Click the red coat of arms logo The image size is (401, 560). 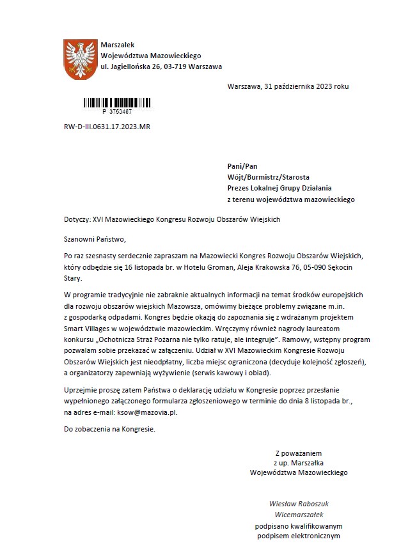tap(80, 59)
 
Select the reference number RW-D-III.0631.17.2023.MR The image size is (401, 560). tap(107, 127)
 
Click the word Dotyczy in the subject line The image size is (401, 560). tap(77, 219)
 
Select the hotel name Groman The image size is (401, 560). tap(219, 268)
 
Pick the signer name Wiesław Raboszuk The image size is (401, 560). tap(300, 503)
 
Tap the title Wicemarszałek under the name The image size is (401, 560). tap(300, 514)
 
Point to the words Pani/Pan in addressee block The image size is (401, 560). tap(242, 166)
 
